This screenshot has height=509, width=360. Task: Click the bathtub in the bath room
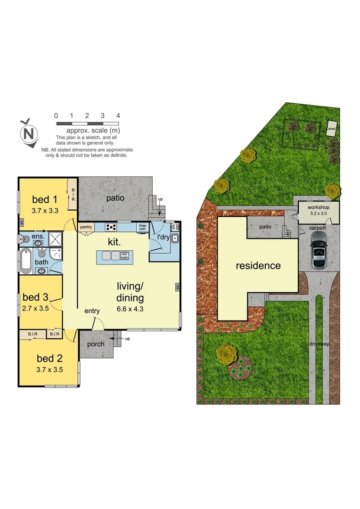pos(26,261)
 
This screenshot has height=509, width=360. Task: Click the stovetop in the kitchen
pos(111,228)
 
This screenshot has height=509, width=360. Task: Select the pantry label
pos(86,227)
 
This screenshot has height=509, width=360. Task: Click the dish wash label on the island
pos(124,256)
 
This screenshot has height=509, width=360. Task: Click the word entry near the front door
pos(92,311)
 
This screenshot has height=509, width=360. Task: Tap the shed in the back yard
pos(332,128)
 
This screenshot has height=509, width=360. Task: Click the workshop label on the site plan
pos(318,207)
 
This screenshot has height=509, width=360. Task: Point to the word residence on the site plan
pos(258,266)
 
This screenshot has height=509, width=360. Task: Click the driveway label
pos(319,345)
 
